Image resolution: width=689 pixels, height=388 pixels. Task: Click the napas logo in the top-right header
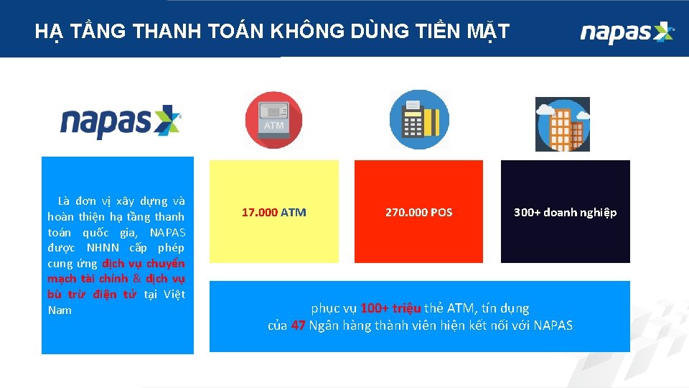pyautogui.click(x=627, y=32)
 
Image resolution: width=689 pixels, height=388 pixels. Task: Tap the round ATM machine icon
pyautogui.click(x=273, y=120)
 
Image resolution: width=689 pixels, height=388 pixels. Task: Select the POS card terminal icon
pyautogui.click(x=418, y=120)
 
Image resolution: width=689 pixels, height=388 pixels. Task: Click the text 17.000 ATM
pyautogui.click(x=273, y=213)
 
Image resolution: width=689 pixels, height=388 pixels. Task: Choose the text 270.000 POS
pyautogui.click(x=418, y=213)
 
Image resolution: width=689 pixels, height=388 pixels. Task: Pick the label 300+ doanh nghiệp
pyautogui.click(x=565, y=213)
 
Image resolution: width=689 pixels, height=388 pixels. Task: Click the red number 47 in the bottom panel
pyautogui.click(x=299, y=325)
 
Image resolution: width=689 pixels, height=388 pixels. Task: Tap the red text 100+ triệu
pyautogui.click(x=390, y=308)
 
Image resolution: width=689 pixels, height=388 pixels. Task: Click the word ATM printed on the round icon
pyautogui.click(x=273, y=125)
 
